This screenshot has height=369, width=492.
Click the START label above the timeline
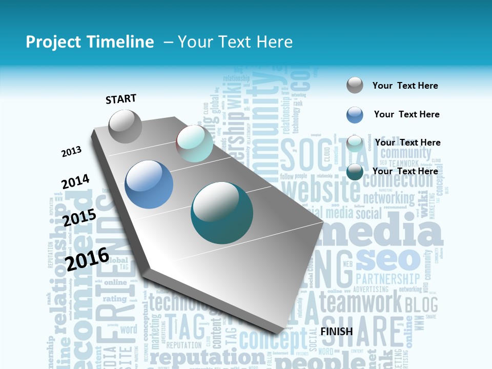click(121, 99)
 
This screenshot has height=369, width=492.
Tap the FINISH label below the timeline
click(337, 332)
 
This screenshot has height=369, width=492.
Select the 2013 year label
click(72, 152)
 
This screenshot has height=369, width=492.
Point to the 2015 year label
click(79, 218)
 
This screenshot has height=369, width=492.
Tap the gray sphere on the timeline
click(125, 126)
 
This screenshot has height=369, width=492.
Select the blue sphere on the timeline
click(149, 184)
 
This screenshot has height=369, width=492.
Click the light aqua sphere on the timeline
click(194, 143)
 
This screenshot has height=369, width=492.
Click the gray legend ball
click(355, 85)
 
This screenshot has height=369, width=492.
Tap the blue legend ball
click(355, 115)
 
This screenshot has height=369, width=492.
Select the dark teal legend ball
click(355, 172)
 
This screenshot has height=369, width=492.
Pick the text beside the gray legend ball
click(405, 86)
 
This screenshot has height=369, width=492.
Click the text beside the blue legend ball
click(406, 114)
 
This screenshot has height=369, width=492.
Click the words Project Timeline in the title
click(90, 42)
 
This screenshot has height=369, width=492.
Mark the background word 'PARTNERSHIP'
click(387, 279)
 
